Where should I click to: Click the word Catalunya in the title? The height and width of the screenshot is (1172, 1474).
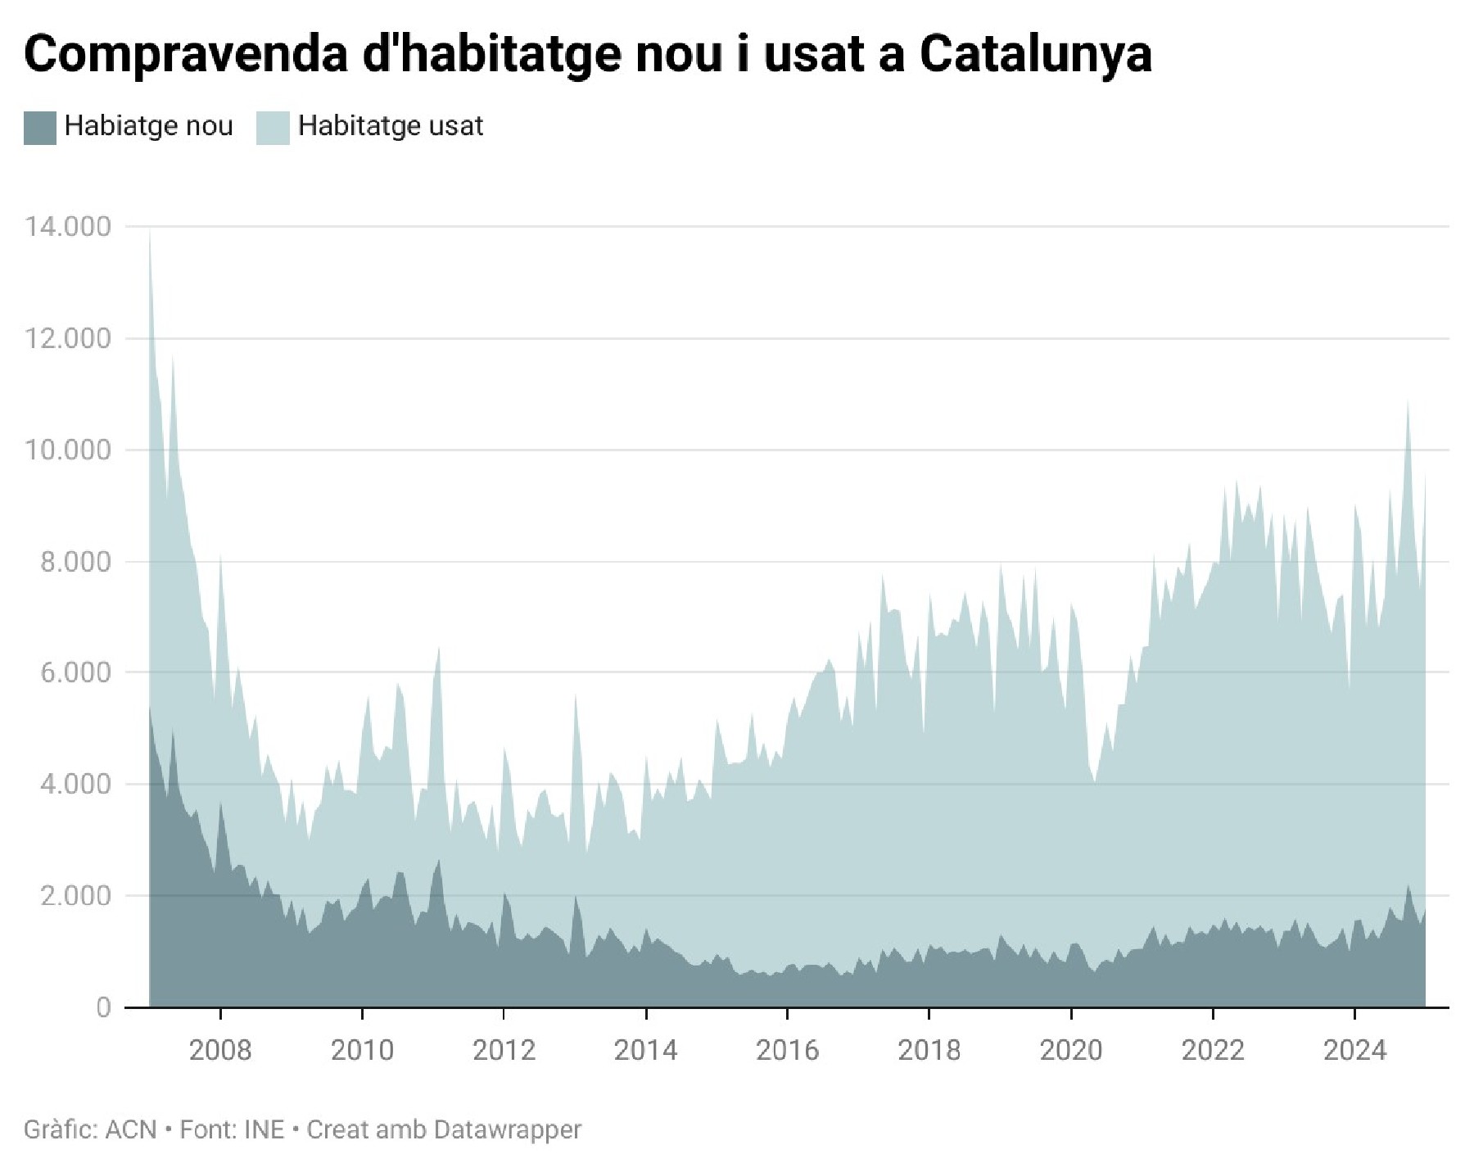(x=1035, y=54)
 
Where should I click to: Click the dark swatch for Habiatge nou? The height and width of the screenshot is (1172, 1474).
(x=39, y=128)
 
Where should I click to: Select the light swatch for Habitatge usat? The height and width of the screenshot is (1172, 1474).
(x=273, y=128)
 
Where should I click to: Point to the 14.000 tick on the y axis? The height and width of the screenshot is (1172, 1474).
(x=68, y=227)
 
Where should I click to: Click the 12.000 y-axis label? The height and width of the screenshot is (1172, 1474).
(x=68, y=338)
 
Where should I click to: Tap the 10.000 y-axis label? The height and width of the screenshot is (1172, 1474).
(x=68, y=450)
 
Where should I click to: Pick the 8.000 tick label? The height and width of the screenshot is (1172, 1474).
(x=75, y=562)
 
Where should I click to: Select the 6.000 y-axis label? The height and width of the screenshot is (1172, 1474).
(x=75, y=672)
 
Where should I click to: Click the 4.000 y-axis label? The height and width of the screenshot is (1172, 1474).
(x=75, y=784)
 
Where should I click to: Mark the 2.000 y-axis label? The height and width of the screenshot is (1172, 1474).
(x=75, y=895)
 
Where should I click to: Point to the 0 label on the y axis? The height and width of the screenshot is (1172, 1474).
(x=103, y=1007)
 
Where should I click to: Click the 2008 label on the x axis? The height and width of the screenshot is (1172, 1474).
(x=220, y=1050)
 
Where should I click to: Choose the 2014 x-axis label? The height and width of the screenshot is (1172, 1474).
(x=645, y=1050)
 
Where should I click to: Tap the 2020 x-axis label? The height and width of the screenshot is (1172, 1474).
(x=1070, y=1050)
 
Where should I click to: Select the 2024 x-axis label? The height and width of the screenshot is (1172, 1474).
(x=1354, y=1050)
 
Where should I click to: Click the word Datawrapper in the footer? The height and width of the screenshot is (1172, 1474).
(x=507, y=1129)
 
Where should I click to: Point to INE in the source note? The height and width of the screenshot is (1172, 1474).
(x=264, y=1129)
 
